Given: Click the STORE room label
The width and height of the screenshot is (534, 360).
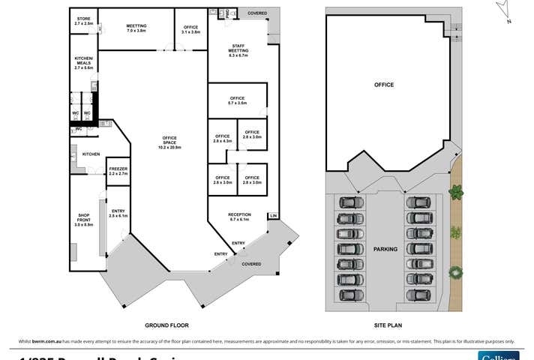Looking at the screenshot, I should pos(84,21).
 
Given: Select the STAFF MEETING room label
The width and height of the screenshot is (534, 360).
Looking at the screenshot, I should pos(238,50).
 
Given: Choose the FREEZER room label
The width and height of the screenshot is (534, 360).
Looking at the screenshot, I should pos(118,171).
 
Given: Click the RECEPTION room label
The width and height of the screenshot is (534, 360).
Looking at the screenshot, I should pos(239,217).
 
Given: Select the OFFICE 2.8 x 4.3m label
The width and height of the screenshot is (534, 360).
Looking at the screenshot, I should pos(222,138).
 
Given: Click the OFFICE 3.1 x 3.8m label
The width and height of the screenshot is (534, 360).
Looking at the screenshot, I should pos(190,29).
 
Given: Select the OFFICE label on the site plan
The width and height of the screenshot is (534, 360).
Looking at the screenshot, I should pos(384,85).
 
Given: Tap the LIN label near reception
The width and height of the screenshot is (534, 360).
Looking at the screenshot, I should pos(273,216).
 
